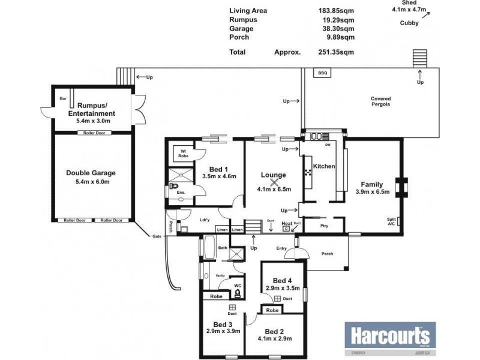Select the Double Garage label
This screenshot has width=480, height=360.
pyautogui.click(x=91, y=173)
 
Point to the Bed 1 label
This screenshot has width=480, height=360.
pyautogui.click(x=218, y=169)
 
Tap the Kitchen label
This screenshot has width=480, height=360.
pyautogui.click(x=324, y=166)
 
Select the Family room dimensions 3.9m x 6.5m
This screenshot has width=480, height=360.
pyautogui.click(x=373, y=192)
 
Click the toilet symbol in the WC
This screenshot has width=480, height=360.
pyautogui.click(x=238, y=293)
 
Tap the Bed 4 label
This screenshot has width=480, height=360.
pyautogui.click(x=282, y=280)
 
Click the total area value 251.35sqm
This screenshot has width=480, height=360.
pyautogui.click(x=336, y=52)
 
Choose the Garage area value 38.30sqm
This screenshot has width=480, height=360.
pyautogui.click(x=336, y=28)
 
